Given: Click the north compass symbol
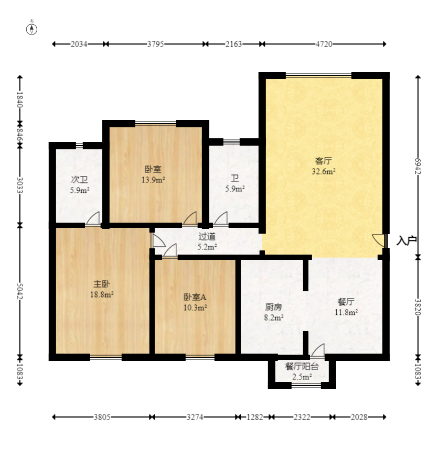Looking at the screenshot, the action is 32,29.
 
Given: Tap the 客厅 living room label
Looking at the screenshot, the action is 324,161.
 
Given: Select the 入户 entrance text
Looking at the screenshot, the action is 407,240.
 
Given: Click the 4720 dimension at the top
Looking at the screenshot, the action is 324,44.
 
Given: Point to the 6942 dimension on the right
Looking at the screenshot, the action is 418,166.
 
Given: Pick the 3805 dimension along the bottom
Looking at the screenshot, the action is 102,417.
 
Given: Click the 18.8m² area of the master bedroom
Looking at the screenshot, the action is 102,294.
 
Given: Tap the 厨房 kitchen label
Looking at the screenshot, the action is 273,307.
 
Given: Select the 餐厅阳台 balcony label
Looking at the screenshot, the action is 302,366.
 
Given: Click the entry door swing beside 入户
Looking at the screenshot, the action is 379,240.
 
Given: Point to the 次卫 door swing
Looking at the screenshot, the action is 93,218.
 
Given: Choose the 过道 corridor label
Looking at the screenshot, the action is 207,236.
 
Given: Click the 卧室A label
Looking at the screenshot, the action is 195,297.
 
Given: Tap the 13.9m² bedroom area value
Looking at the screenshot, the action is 153,180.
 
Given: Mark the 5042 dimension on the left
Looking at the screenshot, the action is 20,291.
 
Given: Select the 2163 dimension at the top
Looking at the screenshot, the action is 234,44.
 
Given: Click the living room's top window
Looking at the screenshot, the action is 319,75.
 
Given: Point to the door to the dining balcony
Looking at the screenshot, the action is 318,350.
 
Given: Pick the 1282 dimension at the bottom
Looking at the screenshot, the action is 254,417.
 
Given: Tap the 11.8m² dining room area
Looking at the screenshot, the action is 346,312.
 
